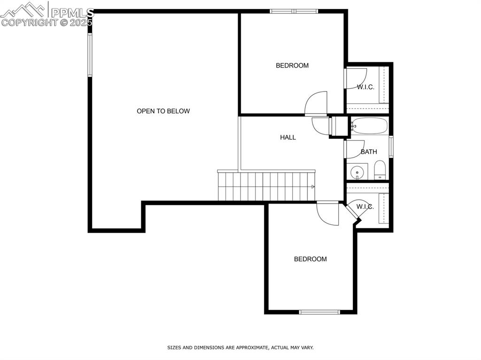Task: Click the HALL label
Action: (288, 138)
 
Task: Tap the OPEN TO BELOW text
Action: (163, 111)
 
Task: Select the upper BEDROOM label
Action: (292, 66)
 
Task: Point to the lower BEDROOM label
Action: (310, 259)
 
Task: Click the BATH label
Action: (369, 152)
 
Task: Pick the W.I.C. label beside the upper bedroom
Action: (365, 87)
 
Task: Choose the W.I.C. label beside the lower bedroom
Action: (365, 207)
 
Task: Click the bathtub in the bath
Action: (370, 126)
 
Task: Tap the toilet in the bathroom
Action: (380, 170)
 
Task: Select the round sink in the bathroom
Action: (358, 172)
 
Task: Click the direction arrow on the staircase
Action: (313, 187)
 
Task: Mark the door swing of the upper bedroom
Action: (316, 103)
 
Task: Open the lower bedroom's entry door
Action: (327, 214)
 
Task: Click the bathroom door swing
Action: (355, 149)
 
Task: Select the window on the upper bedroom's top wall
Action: (294, 11)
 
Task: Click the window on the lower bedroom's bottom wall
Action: (319, 312)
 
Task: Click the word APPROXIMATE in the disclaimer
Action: (249, 348)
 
